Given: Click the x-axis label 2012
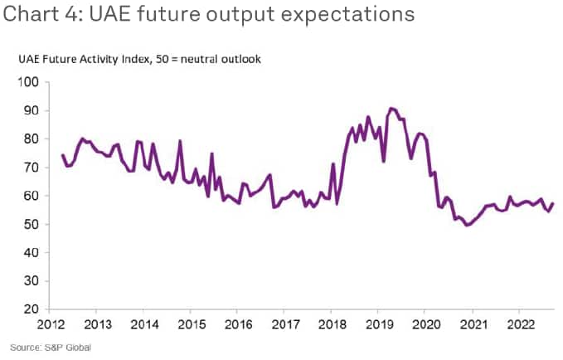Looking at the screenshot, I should pyautogui.click(x=51, y=324).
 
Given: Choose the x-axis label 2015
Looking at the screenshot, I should pyautogui.click(x=192, y=324).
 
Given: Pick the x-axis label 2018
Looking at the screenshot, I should pyautogui.click(x=332, y=324).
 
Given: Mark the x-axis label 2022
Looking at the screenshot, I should pyautogui.click(x=519, y=324).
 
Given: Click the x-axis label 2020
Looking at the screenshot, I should pyautogui.click(x=425, y=324).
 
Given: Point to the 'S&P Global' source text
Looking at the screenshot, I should pyautogui.click(x=67, y=347).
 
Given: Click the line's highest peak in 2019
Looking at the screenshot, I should pyautogui.click(x=391, y=108).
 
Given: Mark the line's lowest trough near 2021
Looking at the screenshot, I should pyautogui.click(x=468, y=225).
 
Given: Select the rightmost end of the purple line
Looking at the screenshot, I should pyautogui.click(x=553, y=204).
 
